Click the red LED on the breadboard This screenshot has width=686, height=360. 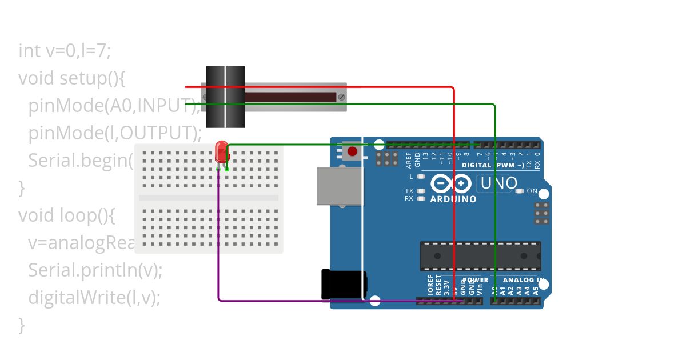point(221,152)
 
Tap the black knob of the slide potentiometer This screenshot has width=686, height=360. point(225,97)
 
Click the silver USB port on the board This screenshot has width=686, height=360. point(340,186)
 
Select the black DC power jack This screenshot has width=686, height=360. point(343,285)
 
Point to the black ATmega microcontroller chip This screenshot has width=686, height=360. point(480,256)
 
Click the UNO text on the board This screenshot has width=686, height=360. point(499,183)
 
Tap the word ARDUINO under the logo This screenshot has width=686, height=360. point(453,199)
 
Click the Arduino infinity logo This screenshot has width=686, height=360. point(451,183)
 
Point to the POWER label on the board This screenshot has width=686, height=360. point(476,280)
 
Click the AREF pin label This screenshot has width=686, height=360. point(409,159)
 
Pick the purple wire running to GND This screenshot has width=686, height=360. point(219,257)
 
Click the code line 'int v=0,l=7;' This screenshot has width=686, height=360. point(64,51)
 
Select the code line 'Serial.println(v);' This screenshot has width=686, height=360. point(95,270)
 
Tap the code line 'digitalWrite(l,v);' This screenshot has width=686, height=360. point(94,297)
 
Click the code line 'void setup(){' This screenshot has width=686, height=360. point(71,78)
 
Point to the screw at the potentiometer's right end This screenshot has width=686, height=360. point(341,97)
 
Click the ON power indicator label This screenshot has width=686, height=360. point(532,191)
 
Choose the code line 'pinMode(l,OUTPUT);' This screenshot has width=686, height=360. point(115,133)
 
